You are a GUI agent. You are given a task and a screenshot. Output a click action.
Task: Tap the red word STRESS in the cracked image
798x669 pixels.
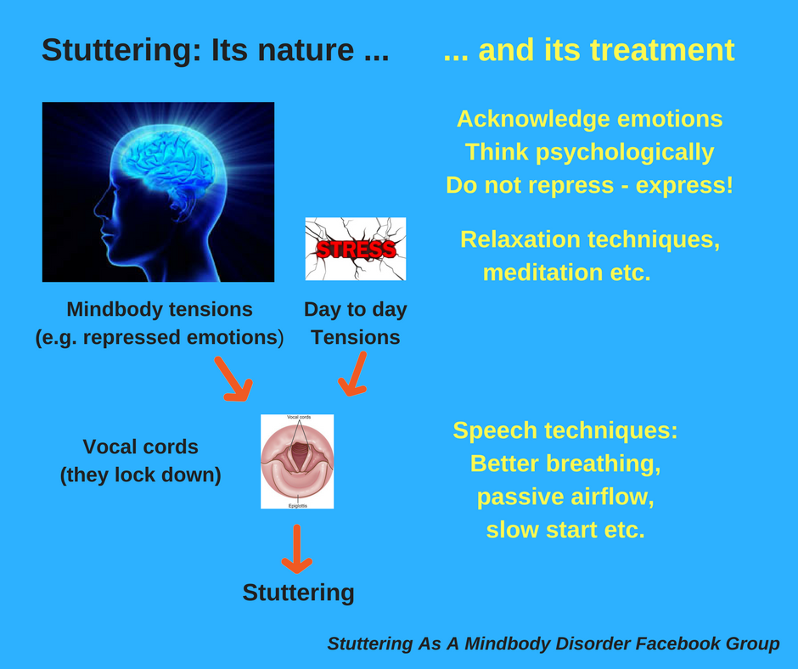coord(356,250)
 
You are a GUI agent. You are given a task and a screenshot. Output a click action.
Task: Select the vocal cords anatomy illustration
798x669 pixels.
coord(297,461)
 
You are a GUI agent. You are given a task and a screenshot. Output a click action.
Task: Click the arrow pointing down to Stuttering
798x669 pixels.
coord(297,548)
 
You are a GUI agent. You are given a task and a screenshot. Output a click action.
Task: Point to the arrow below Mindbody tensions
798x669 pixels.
coord(233,378)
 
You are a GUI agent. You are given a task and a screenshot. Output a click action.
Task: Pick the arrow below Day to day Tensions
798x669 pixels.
coord(353,374)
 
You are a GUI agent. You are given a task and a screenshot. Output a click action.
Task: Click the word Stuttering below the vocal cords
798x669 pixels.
coord(298,592)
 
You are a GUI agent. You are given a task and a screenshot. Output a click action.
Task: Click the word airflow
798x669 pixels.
coord(610,497)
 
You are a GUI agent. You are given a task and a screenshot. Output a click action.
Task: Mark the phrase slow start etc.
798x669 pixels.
coord(565,530)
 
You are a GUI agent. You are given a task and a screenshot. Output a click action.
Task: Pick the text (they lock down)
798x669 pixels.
coord(141,475)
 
